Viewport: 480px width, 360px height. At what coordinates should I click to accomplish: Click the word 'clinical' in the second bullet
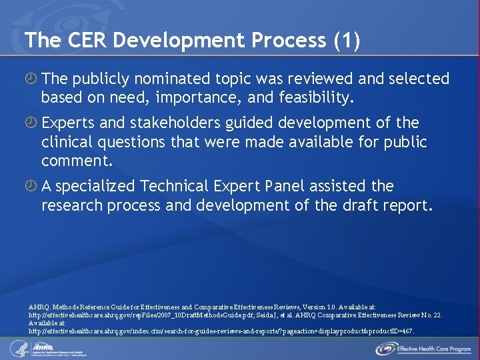coord(67,142)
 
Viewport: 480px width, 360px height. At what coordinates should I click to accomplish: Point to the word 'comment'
coord(74,161)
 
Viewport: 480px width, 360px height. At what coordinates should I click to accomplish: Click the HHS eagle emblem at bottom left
coord(17,347)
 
